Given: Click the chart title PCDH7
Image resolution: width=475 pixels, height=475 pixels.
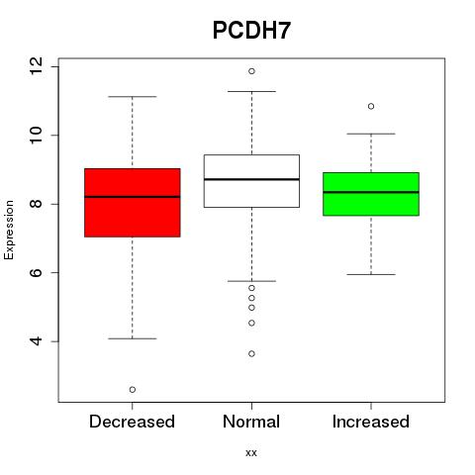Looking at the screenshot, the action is pyautogui.click(x=251, y=31).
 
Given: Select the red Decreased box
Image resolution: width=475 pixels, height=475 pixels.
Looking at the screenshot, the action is pyautogui.click(x=133, y=203).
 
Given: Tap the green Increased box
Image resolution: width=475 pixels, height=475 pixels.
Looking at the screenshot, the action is pyautogui.click(x=371, y=194).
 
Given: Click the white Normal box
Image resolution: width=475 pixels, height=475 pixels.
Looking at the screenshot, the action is pyautogui.click(x=251, y=181).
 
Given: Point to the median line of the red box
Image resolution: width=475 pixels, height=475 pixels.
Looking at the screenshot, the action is pyautogui.click(x=133, y=197).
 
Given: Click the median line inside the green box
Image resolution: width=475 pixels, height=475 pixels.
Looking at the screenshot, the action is pyautogui.click(x=371, y=192).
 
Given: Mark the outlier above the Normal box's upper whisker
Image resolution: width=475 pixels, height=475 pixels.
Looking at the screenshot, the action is pyautogui.click(x=251, y=71).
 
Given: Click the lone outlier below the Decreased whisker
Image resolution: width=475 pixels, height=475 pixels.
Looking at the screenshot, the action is pyautogui.click(x=133, y=390).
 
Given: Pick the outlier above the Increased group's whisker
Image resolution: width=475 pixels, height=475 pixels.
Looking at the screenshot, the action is pyautogui.click(x=371, y=106).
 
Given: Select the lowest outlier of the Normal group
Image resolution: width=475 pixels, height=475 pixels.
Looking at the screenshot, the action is pyautogui.click(x=251, y=353).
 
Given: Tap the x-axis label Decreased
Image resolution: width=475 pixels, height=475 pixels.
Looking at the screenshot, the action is pyautogui.click(x=132, y=422).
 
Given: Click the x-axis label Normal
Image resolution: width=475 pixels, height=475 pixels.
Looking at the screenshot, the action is pyautogui.click(x=251, y=422).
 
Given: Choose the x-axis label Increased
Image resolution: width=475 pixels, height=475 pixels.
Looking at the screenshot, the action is pyautogui.click(x=371, y=422).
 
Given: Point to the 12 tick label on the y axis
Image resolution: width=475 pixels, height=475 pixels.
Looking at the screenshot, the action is pyautogui.click(x=37, y=66).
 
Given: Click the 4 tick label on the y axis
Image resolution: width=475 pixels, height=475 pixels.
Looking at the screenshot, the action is pyautogui.click(x=37, y=341).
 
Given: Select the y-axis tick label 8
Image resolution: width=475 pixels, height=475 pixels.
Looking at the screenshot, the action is pyautogui.click(x=37, y=204).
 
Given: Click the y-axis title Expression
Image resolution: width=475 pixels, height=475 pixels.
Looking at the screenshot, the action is pyautogui.click(x=9, y=230).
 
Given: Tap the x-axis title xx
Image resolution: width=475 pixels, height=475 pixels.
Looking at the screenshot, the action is pyautogui.click(x=251, y=453).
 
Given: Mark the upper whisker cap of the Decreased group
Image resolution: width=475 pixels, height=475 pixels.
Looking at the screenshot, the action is pyautogui.click(x=133, y=97).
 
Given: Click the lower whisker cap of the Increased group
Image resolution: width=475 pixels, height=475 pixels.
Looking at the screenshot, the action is pyautogui.click(x=371, y=274).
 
